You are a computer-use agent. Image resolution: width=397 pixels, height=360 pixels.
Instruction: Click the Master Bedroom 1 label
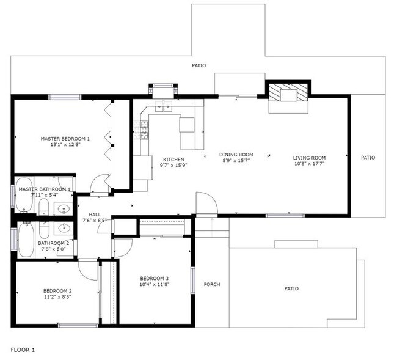tap(65, 138)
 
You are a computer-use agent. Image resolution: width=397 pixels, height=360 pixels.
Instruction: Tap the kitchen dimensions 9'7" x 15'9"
tap(173, 165)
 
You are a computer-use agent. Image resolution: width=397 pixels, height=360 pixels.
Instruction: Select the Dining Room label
tap(236, 155)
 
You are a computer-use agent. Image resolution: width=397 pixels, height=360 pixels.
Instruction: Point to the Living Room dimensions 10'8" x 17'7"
tap(309, 163)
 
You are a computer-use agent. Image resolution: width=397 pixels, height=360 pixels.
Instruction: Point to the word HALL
tap(95, 215)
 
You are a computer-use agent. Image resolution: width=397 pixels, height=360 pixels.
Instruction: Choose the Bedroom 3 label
tap(154, 278)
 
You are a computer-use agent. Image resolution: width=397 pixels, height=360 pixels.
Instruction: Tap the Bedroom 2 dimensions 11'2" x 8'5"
tap(57, 297)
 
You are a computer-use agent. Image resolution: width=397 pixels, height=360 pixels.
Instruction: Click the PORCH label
tap(211, 284)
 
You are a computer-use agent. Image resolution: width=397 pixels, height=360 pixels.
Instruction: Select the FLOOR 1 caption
tap(23, 350)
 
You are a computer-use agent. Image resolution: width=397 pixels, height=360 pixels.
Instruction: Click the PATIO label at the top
tap(198, 65)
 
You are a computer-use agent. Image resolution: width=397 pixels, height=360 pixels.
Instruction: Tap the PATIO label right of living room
tap(368, 158)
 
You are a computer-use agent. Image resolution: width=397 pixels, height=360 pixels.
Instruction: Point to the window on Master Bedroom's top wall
tap(65, 96)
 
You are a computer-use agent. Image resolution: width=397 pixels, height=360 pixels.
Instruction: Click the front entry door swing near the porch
tap(206, 203)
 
